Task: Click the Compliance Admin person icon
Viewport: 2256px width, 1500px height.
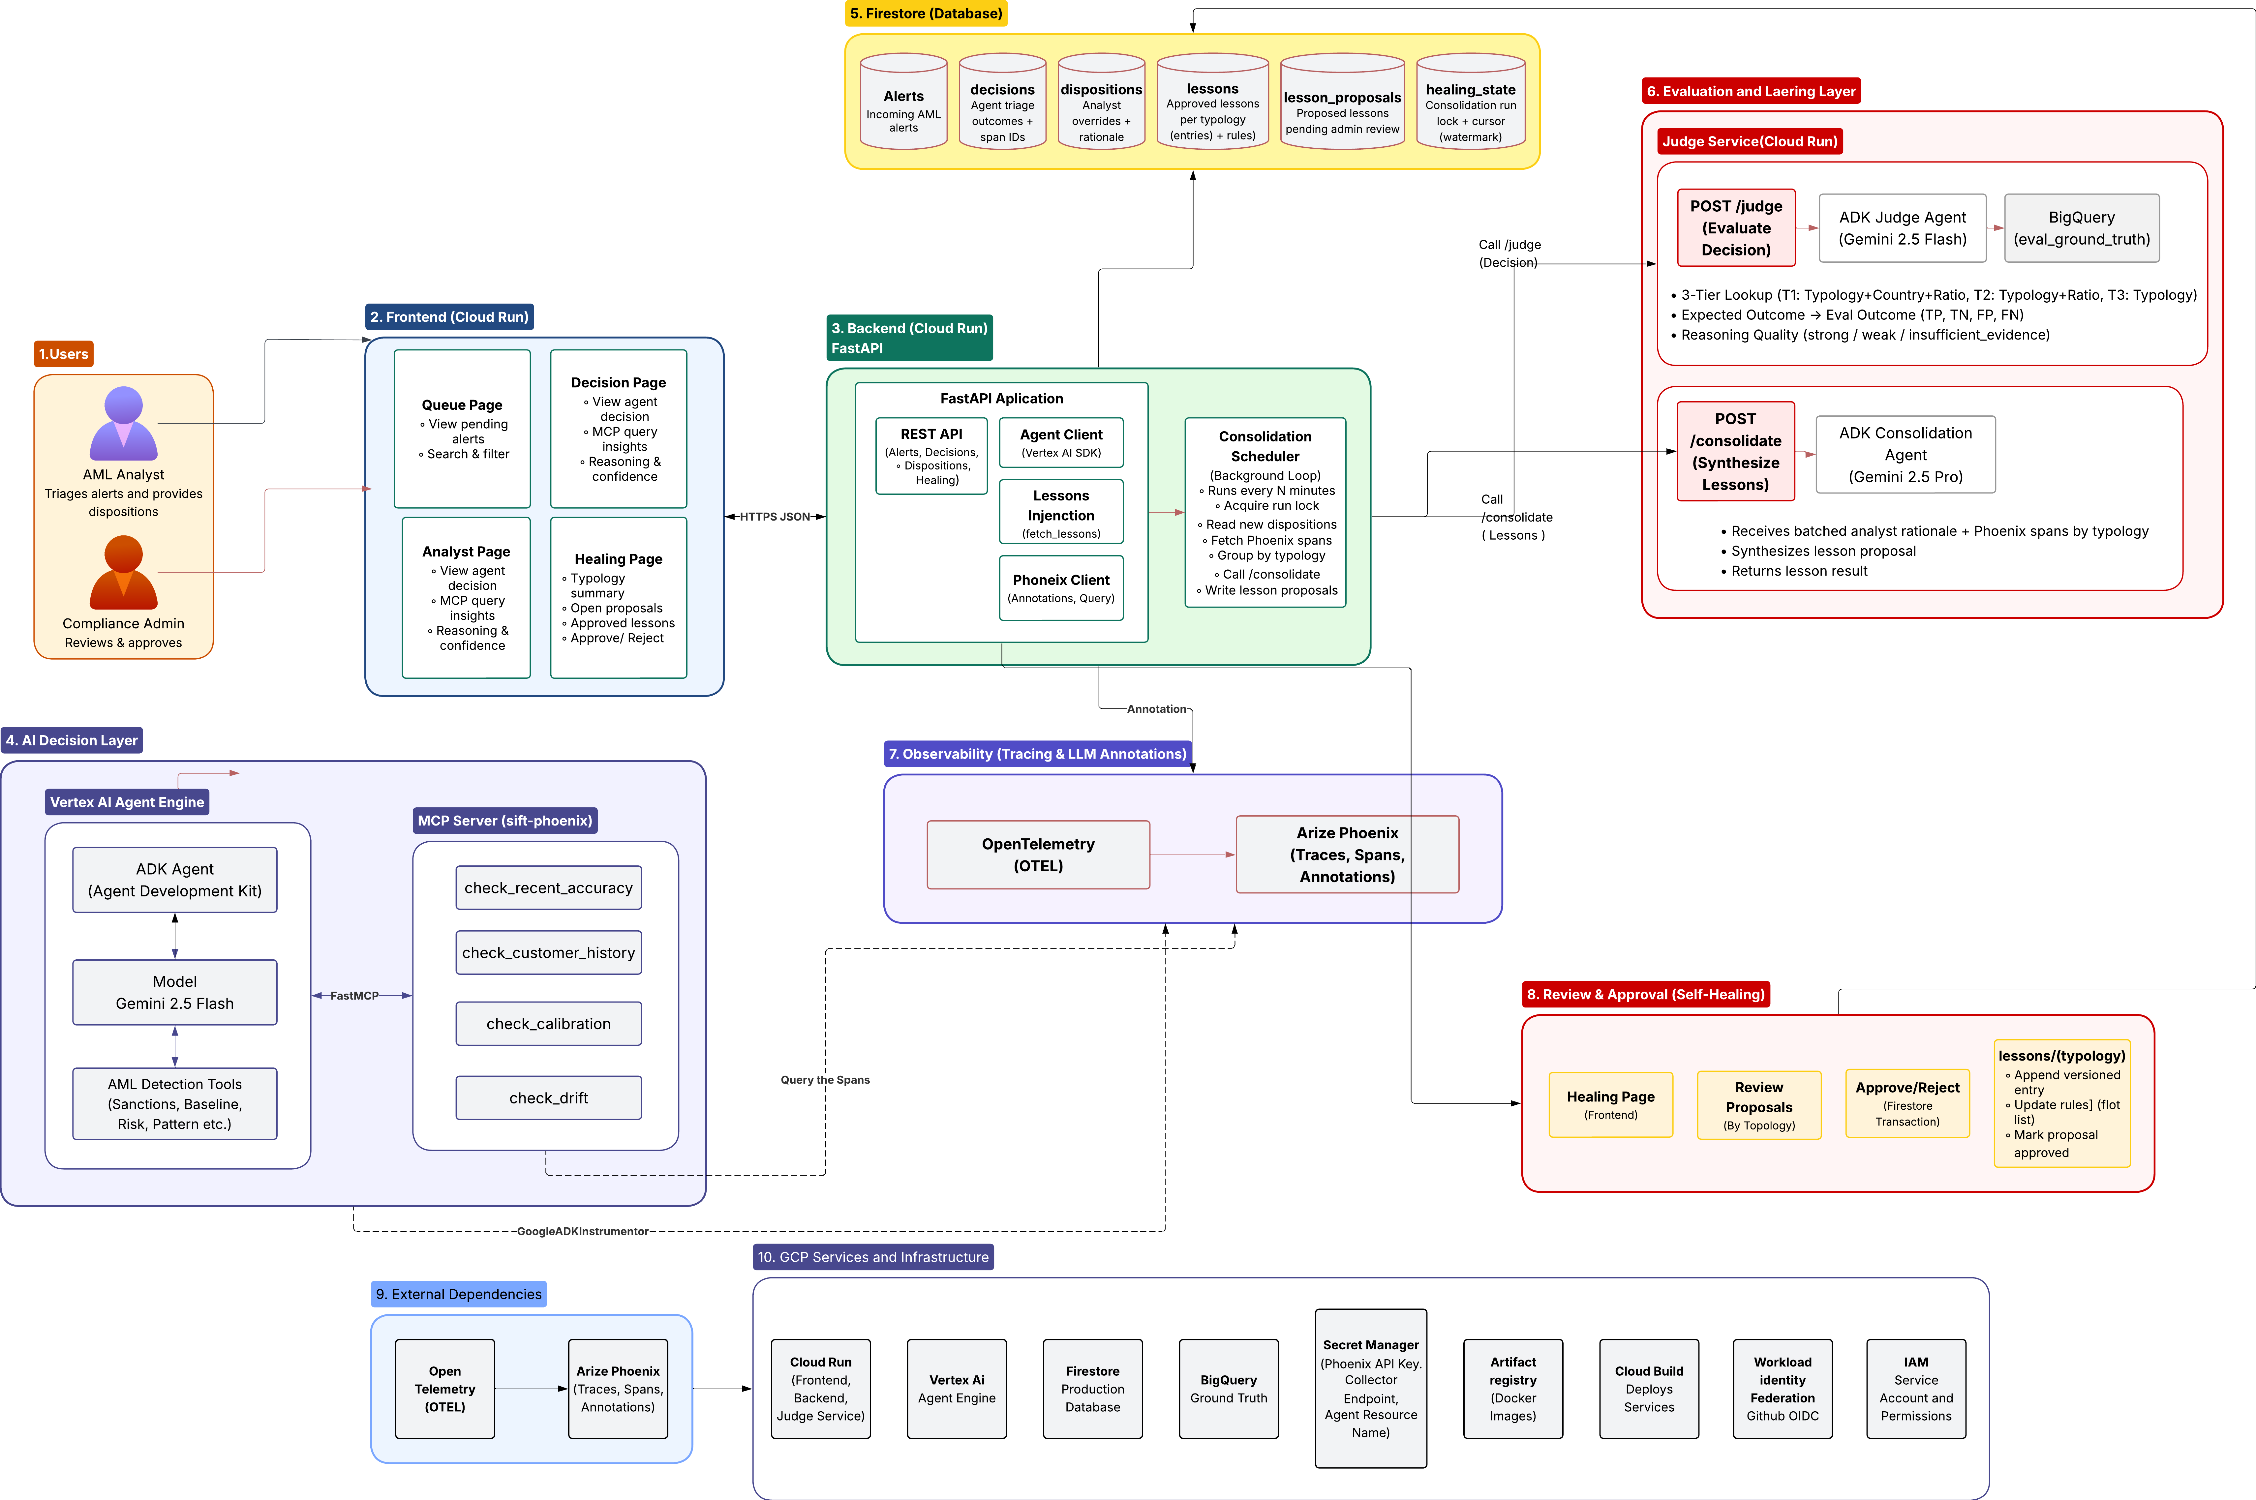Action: pos(123,572)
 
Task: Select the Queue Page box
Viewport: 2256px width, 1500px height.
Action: pos(462,429)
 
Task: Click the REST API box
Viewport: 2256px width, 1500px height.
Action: pos(931,455)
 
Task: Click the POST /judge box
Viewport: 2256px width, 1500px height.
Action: pos(1736,228)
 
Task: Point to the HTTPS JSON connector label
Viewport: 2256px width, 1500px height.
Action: pos(775,517)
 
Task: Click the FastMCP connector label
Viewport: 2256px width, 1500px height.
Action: pos(354,996)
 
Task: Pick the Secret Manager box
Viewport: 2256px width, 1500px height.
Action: pos(1371,1388)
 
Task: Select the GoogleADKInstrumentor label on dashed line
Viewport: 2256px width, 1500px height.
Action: pos(583,1231)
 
